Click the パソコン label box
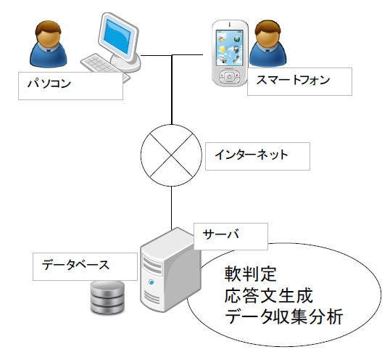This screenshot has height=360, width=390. pos(70,86)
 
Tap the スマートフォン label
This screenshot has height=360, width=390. pos(299,81)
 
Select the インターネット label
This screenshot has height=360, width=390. pos(257,156)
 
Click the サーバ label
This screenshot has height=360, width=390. pos(231,237)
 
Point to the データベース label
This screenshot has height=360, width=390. pos(85,266)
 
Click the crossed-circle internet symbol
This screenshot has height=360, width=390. pos(171,155)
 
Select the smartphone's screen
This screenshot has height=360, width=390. pos(229,48)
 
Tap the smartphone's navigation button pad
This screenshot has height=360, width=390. pos(229,77)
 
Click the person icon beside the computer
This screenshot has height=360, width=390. pos(49,44)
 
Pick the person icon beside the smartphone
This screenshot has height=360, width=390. pos(268,44)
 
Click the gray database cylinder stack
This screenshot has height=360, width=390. pos(107,297)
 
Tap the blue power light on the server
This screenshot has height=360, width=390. pos(152,282)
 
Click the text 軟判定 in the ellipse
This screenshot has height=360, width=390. pos(251,274)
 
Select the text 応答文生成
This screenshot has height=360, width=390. pos(269,296)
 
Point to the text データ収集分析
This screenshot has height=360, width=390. pos(284,316)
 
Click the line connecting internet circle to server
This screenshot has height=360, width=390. pos(171,208)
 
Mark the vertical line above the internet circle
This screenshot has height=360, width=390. pos(172,89)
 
